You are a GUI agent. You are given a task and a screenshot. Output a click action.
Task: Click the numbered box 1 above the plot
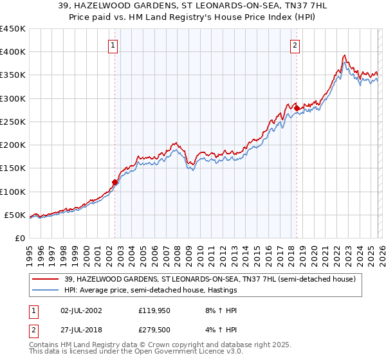point(113,45)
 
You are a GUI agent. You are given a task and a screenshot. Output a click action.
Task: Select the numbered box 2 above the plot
point(295,45)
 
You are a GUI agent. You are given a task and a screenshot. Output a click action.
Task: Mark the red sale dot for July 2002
point(115,182)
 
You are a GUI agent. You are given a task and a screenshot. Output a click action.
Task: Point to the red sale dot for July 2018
point(297,108)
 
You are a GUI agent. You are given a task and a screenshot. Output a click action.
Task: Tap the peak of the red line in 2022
point(345,55)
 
